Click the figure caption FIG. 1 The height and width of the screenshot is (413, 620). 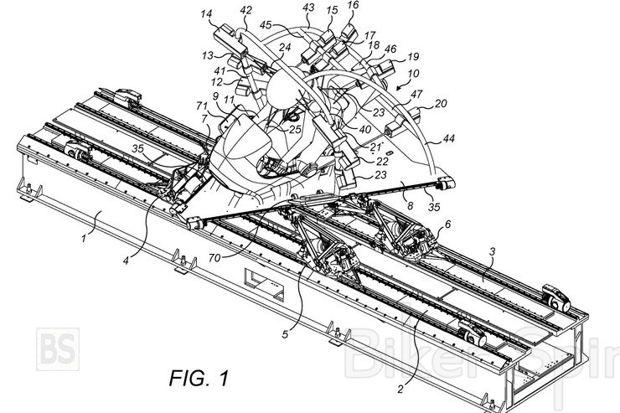point(199,378)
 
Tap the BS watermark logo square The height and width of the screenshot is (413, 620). point(58,349)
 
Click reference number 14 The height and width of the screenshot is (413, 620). point(206,14)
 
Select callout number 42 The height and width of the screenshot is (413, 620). point(245,10)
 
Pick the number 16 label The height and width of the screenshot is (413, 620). point(353,5)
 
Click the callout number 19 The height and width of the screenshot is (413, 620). point(412,57)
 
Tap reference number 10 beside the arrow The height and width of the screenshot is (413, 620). point(414,74)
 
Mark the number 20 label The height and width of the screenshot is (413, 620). point(441,104)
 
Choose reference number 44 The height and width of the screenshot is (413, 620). point(449,138)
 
